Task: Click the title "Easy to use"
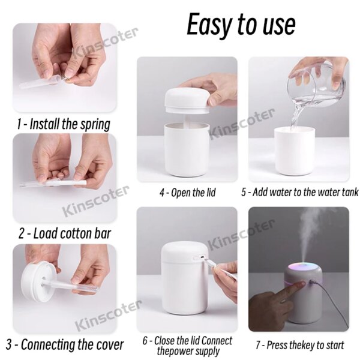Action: pos(241,25)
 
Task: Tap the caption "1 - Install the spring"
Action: pos(64,124)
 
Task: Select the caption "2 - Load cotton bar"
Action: pos(63,233)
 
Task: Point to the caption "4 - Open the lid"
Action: pos(187,193)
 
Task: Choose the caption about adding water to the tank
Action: pos(300,193)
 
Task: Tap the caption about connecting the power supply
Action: pos(187,346)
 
